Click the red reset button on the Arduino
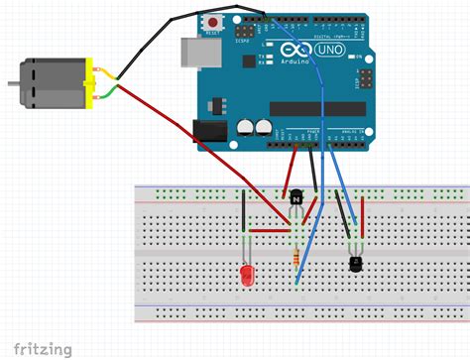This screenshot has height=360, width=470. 212,21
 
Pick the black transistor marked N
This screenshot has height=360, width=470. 294,197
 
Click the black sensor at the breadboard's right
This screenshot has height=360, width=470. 354,263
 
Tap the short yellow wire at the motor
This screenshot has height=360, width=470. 113,75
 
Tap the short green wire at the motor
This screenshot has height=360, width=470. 113,92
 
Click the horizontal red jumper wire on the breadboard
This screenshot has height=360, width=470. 267,230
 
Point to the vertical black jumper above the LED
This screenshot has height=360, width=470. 245,211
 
